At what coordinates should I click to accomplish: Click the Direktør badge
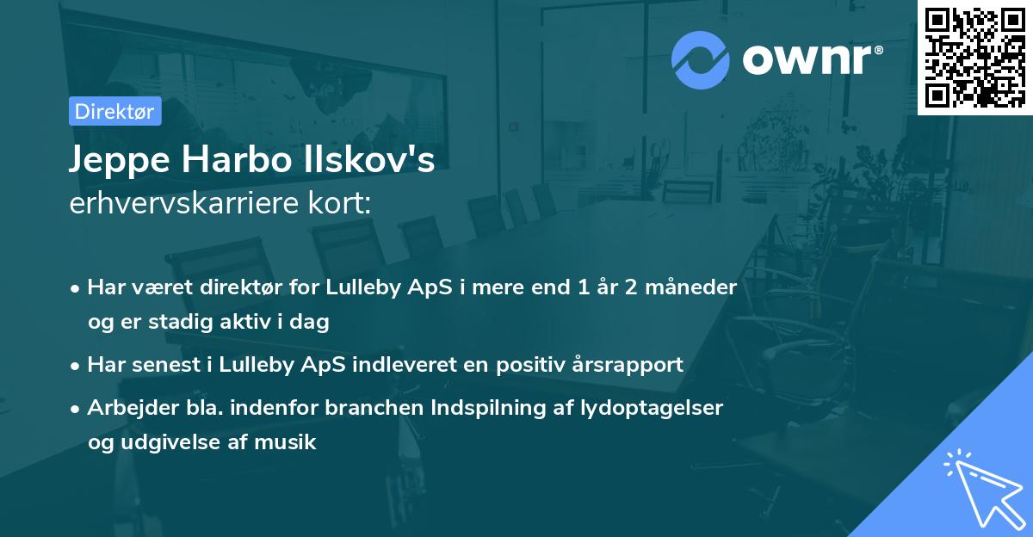[114, 111]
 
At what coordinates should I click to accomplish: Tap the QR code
[974, 58]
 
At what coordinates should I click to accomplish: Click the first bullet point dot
[77, 288]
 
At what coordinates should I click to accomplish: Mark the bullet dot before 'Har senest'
[77, 365]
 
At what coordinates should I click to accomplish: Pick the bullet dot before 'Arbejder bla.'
[77, 409]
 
